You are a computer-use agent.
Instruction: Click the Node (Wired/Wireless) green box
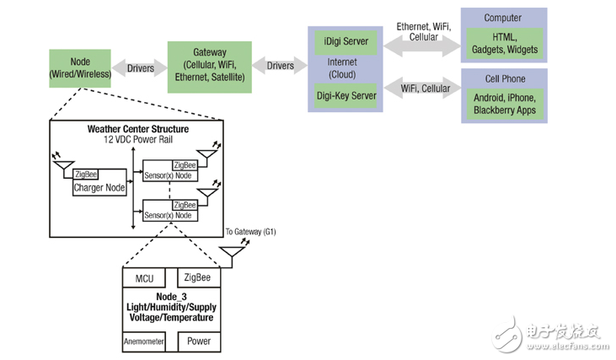click(x=80, y=67)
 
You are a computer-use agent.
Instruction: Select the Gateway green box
click(x=209, y=65)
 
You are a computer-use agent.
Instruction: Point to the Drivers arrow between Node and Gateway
click(x=140, y=68)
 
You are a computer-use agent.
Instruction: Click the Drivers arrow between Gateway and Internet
click(x=281, y=66)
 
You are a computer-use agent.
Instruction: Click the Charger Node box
click(x=99, y=188)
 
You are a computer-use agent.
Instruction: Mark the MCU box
click(x=148, y=278)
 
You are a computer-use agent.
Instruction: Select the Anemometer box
click(x=144, y=341)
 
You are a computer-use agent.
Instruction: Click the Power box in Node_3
click(x=199, y=341)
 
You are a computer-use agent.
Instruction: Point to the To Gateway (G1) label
click(x=250, y=231)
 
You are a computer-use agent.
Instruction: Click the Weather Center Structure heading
click(x=138, y=129)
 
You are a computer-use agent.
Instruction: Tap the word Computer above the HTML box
click(x=503, y=18)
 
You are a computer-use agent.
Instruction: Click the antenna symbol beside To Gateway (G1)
click(x=232, y=250)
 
